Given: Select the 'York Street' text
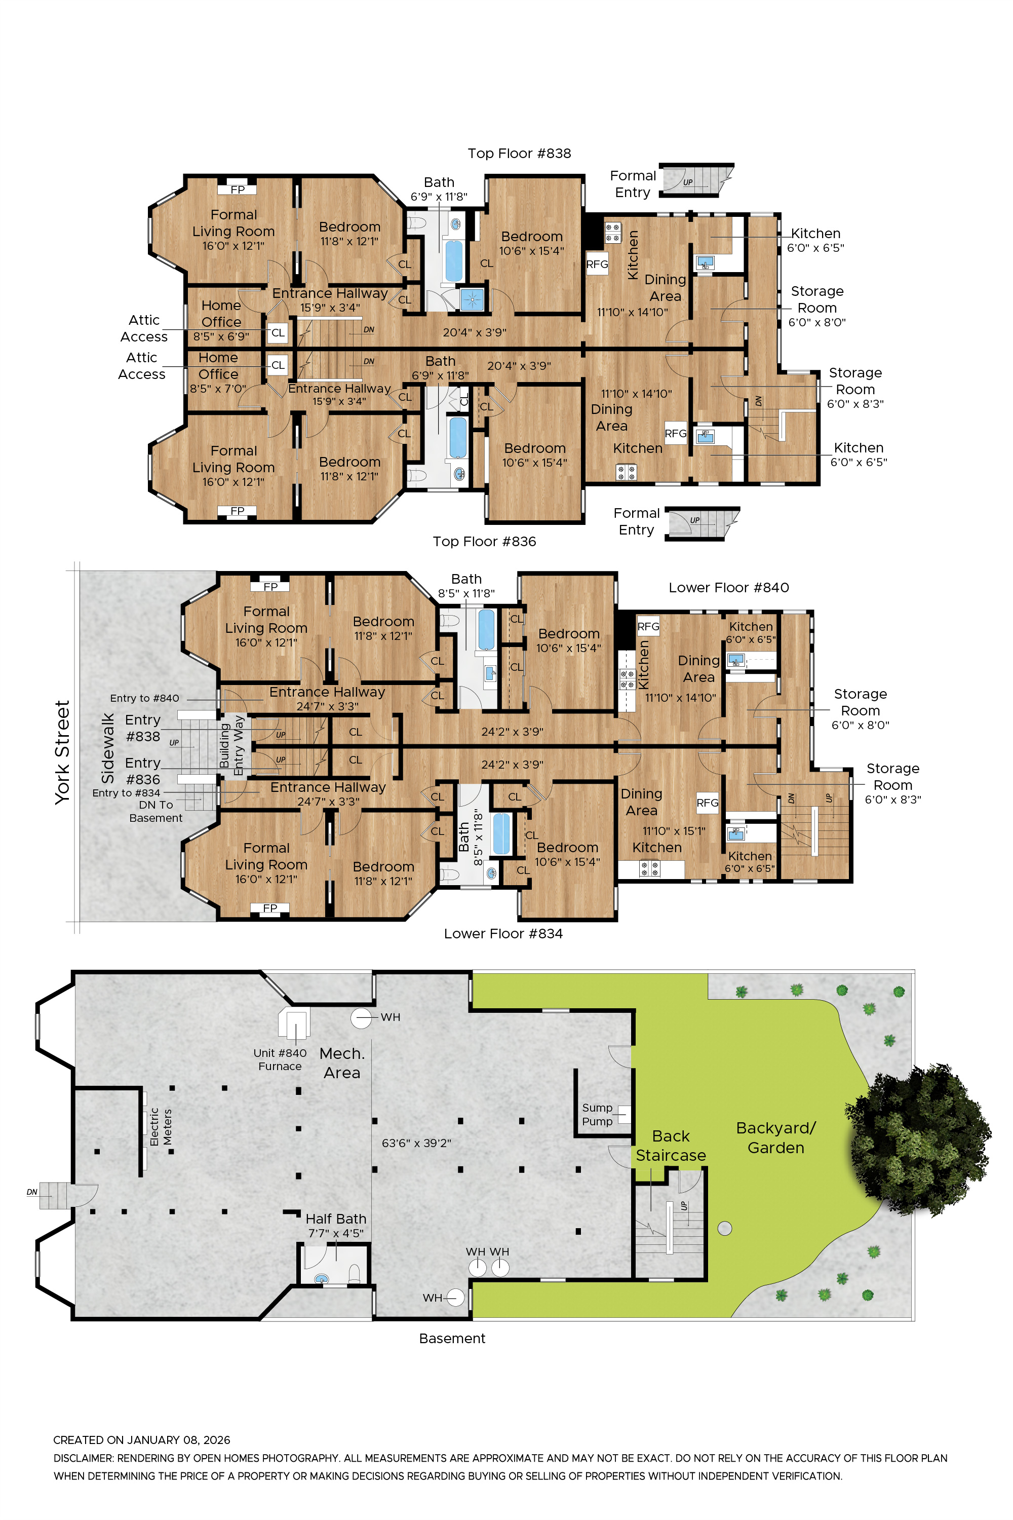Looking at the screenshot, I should [62, 752].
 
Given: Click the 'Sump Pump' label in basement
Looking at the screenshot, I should [597, 1114].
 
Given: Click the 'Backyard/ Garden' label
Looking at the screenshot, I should [775, 1137].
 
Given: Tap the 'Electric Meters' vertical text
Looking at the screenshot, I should [161, 1127].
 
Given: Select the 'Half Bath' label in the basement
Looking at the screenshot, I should [335, 1219].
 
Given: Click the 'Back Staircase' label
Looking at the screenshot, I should [671, 1145].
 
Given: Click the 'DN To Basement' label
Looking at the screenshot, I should [155, 811].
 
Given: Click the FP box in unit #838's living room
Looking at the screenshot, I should [237, 189].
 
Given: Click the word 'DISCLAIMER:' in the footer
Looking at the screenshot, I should [84, 1458].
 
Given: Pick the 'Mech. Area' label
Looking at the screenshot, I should [342, 1062].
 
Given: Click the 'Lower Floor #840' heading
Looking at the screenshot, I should [728, 587].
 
